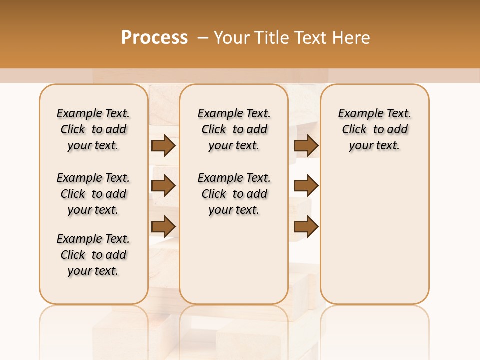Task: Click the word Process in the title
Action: (154, 38)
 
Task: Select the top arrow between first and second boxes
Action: (163, 145)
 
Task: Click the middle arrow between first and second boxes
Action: (163, 186)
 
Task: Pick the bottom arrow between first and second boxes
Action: (163, 227)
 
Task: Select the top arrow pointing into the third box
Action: (306, 145)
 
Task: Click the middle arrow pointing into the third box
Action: (306, 186)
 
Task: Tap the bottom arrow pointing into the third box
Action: (306, 227)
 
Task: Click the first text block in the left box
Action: (93, 129)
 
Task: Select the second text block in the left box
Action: (93, 194)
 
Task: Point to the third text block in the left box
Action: (93, 255)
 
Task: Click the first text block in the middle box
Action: (234, 129)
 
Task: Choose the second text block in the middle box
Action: (234, 194)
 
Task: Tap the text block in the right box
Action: (375, 129)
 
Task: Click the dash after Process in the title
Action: (203, 38)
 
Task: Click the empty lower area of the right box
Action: (375, 240)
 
